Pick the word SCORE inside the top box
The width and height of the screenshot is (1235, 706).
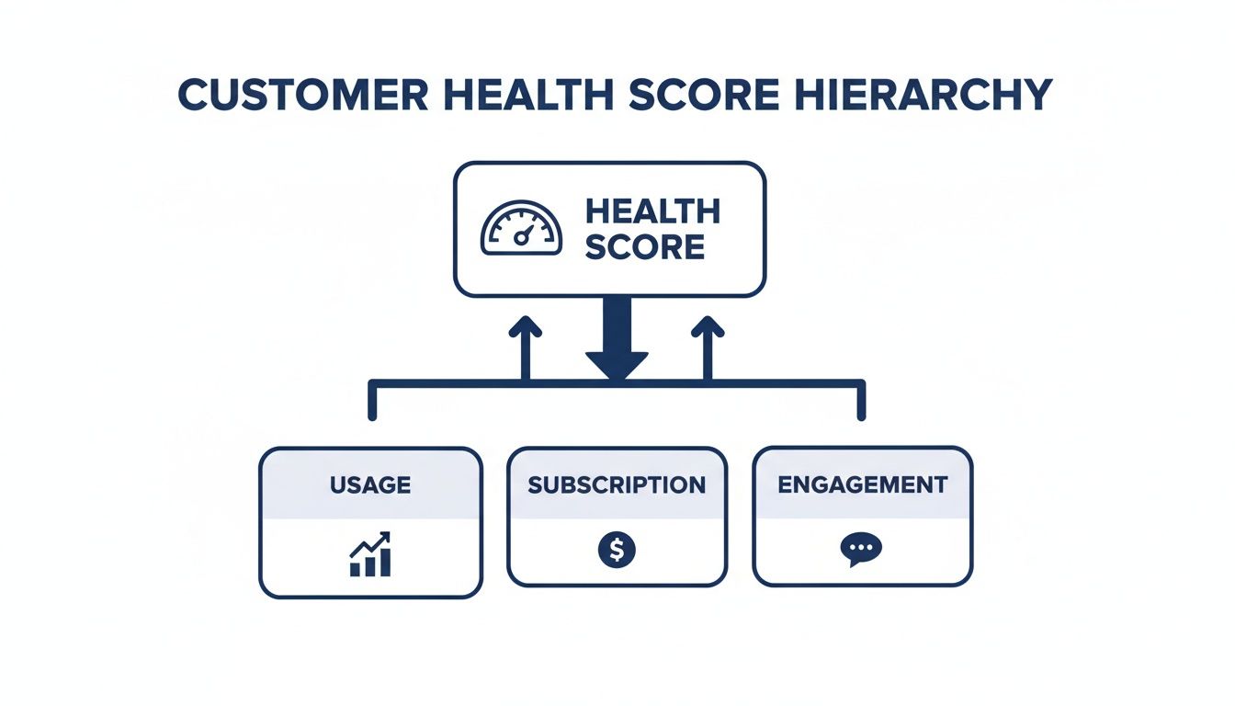pyautogui.click(x=644, y=246)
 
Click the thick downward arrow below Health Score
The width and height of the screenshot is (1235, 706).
pyautogui.click(x=617, y=340)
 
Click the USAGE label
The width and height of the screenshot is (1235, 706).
pyautogui.click(x=370, y=484)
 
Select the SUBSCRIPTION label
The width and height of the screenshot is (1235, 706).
pyautogui.click(x=617, y=484)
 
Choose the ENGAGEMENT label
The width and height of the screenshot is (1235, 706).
pyautogui.click(x=862, y=484)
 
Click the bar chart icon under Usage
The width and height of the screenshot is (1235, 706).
pyautogui.click(x=370, y=555)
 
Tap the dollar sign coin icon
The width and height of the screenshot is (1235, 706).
pyautogui.click(x=617, y=550)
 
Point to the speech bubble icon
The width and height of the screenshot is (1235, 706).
pyautogui.click(x=861, y=550)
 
